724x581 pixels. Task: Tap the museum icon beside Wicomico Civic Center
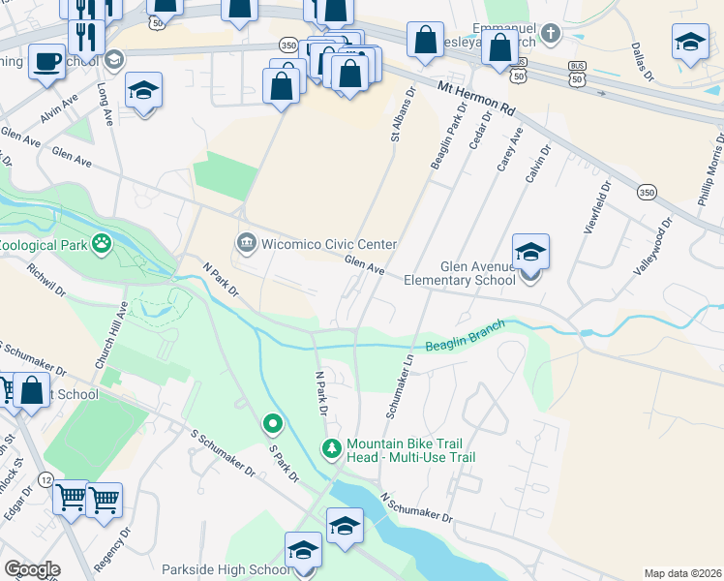point(246,241)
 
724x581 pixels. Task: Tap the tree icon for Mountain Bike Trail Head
point(331,447)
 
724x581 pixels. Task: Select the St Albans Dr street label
point(403,116)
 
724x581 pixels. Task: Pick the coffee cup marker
point(45,62)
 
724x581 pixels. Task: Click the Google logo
point(32,568)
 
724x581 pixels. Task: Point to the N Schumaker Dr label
point(416,507)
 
